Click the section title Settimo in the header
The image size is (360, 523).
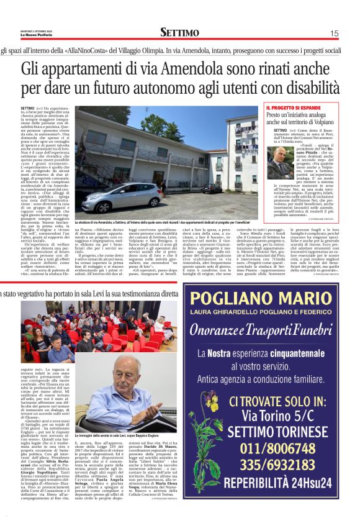(x=179, y=32)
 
